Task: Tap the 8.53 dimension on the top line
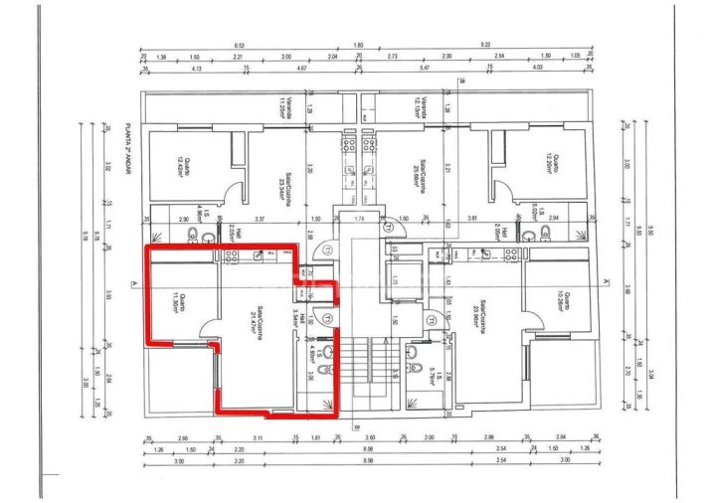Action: (x=240, y=46)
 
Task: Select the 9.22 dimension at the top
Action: (x=484, y=46)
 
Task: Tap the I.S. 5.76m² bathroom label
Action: (x=431, y=373)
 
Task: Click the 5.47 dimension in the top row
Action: (x=426, y=68)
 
